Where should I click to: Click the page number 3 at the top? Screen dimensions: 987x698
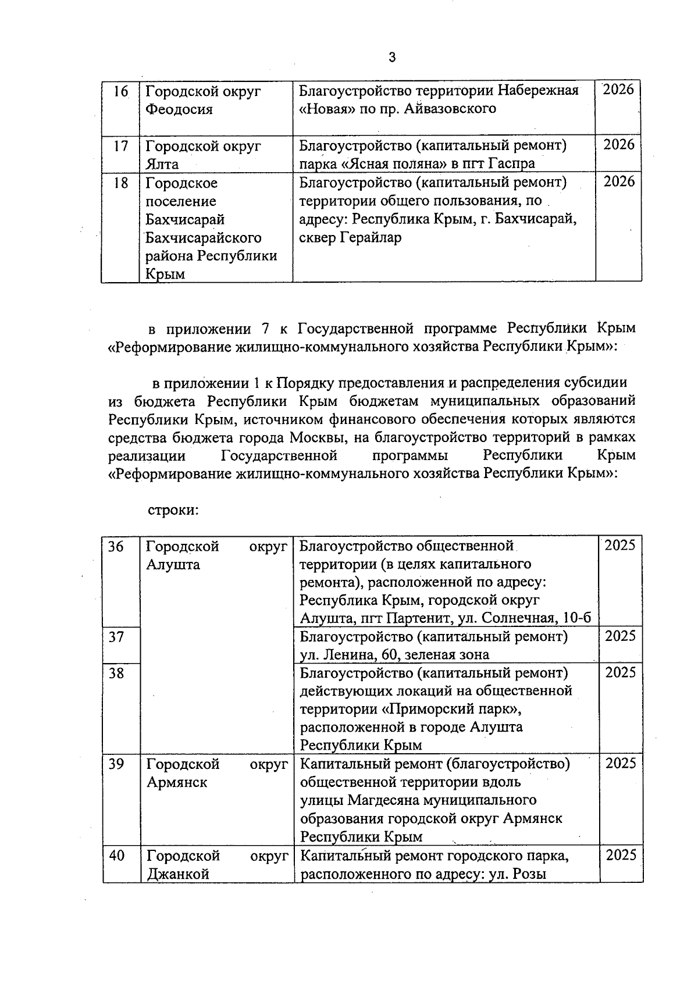point(392,57)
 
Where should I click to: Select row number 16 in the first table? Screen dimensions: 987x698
point(120,92)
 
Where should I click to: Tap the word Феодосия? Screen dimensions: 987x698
point(179,109)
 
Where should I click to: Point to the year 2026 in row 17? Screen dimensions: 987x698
point(618,145)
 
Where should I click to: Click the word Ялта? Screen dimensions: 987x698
point(162,164)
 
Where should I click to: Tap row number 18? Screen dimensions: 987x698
point(120,183)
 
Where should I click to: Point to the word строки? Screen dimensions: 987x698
point(174,510)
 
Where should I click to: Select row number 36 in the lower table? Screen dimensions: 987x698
point(116,547)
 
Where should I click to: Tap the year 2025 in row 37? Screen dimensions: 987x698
point(620,636)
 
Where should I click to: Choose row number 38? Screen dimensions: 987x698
point(116,673)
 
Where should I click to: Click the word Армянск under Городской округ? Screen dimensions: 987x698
point(177,782)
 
